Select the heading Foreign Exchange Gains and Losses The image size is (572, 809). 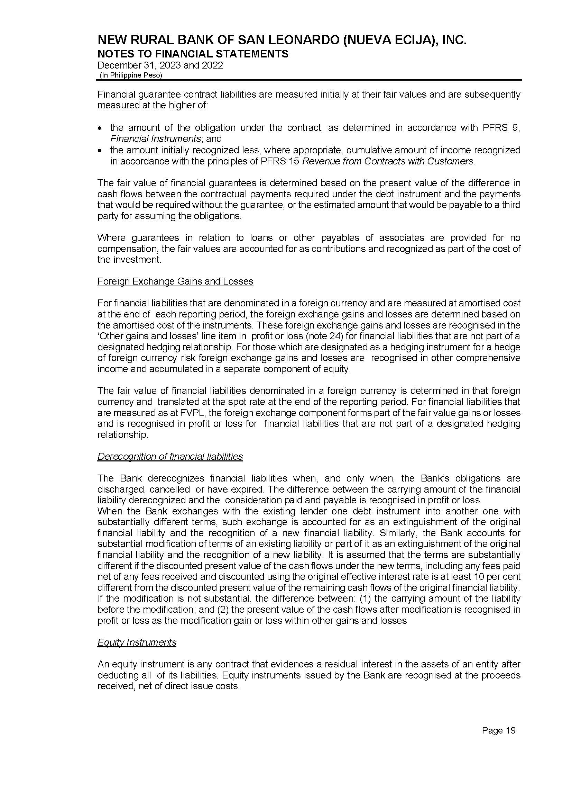[x=175, y=281]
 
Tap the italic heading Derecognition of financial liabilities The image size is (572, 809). [x=170, y=457]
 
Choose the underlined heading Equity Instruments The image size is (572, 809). [x=137, y=642]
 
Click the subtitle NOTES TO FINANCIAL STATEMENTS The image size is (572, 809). [x=193, y=54]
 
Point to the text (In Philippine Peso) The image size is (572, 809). [x=131, y=75]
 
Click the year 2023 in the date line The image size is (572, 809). [x=170, y=65]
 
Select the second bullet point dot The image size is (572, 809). [x=101, y=151]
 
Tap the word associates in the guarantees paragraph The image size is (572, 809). [x=403, y=238]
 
